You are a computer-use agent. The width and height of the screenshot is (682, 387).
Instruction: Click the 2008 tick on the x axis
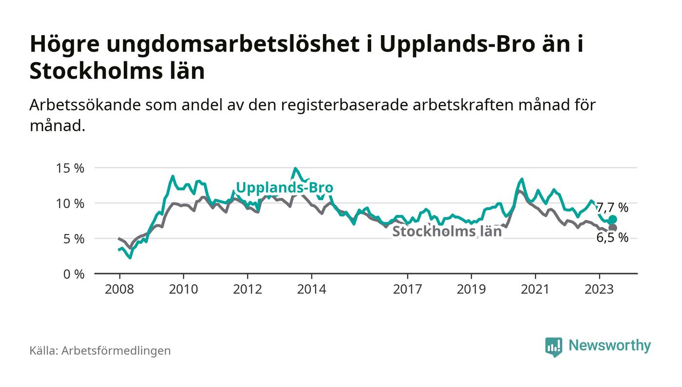119,289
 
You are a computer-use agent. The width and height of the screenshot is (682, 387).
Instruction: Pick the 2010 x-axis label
183,289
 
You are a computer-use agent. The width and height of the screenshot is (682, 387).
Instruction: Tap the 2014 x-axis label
311,289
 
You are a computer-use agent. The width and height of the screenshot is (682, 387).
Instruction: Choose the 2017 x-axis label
407,289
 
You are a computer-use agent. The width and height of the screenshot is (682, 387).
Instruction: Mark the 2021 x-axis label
535,289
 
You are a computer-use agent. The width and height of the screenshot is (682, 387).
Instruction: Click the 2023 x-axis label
599,289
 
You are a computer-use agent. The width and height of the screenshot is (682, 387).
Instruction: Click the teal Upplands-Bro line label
284,188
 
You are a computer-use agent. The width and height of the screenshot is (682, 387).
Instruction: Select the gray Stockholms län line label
447,232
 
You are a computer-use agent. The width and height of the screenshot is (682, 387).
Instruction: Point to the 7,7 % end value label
612,208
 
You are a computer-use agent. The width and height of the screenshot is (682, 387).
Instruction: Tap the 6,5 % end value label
612,238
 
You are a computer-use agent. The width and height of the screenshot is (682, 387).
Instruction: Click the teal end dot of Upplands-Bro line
612,220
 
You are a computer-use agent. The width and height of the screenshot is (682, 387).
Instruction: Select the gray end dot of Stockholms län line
612,228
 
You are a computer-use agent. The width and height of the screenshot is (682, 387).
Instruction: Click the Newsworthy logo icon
553,347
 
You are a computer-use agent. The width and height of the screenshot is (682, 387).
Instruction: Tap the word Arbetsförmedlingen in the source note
116,350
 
